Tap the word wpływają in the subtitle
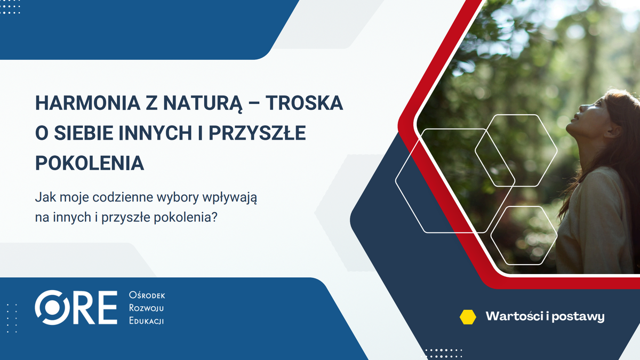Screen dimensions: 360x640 [x=230, y=198]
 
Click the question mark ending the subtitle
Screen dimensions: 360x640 [x=213, y=219]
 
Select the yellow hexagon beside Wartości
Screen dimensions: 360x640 [x=468, y=317]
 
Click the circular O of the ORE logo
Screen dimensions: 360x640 [x=51, y=308]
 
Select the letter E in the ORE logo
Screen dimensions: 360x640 [x=108, y=308]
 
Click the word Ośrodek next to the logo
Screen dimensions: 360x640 [x=147, y=296]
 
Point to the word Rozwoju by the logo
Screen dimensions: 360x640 [x=146, y=308]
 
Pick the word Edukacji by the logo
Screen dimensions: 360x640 [x=146, y=321]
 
